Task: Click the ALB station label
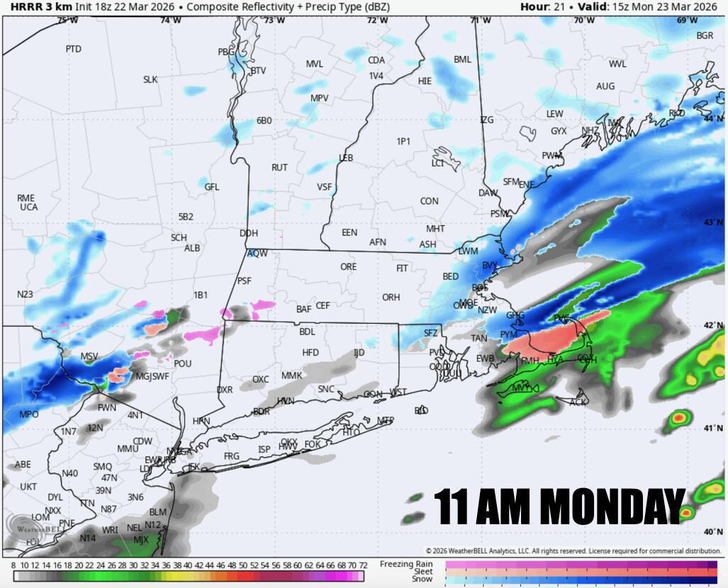pyautogui.click(x=192, y=249)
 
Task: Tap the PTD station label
pyautogui.click(x=73, y=49)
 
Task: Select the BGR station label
pyautogui.click(x=705, y=35)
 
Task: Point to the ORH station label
pyautogui.click(x=391, y=298)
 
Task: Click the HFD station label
pyautogui.click(x=310, y=352)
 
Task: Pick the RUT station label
pyautogui.click(x=279, y=168)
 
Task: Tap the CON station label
pyautogui.click(x=429, y=201)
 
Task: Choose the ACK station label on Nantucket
pyautogui.click(x=578, y=402)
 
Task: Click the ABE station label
pyautogui.click(x=23, y=465)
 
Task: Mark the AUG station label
pyautogui.click(x=605, y=86)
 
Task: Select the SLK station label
pyautogui.click(x=150, y=80)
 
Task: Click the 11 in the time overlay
pyautogui.click(x=449, y=506)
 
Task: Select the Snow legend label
pyautogui.click(x=422, y=579)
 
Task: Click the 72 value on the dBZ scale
pyautogui.click(x=363, y=565)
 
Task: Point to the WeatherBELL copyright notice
pyautogui.click(x=573, y=550)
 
